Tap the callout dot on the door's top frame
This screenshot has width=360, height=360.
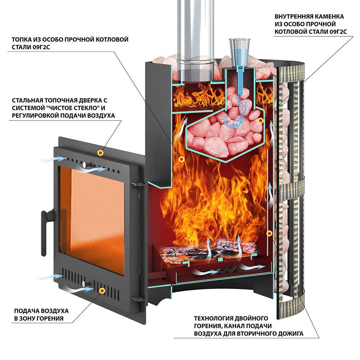[100, 153]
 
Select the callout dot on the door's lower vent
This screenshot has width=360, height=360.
[102, 290]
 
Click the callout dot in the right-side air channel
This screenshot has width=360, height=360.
[269, 234]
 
